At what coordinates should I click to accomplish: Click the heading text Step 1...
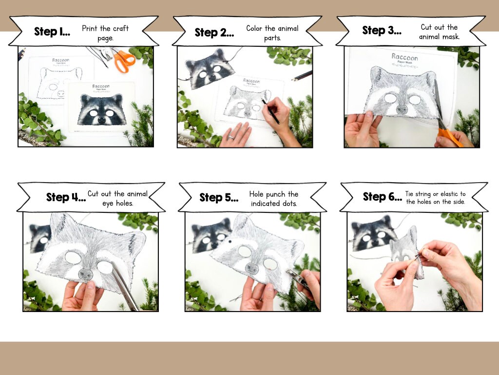coord(52,32)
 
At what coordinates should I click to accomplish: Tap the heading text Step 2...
coord(214,32)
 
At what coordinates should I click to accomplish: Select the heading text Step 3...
coord(382,30)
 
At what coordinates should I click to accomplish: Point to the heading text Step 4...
coord(65,197)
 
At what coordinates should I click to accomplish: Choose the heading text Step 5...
coord(219,197)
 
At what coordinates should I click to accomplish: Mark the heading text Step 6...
coord(382,197)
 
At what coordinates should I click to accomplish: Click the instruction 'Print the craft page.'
coord(105,33)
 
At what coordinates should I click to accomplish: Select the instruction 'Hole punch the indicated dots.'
coord(273,199)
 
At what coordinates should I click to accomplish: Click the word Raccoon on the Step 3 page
coord(404,57)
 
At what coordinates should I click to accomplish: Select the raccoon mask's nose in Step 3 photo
coord(401,109)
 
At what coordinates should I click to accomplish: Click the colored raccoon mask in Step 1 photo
coord(101,110)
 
